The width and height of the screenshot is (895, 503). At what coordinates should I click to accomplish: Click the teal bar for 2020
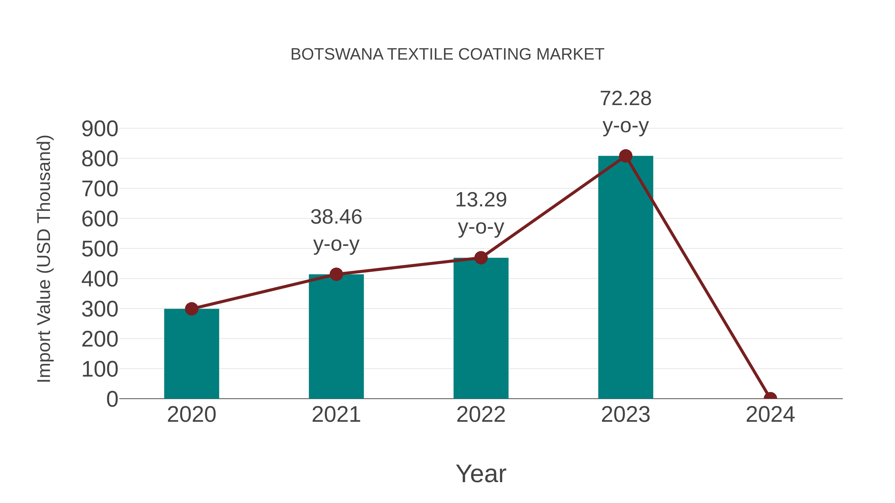pos(191,354)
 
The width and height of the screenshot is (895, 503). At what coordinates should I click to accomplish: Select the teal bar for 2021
pos(336,337)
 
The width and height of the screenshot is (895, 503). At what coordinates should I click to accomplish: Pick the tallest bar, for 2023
pos(626,278)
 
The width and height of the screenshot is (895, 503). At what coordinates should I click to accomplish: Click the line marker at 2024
pos(770,398)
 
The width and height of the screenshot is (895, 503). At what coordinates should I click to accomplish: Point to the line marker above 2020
pos(191,309)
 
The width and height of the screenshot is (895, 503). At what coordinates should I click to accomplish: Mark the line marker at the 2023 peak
pos(626,156)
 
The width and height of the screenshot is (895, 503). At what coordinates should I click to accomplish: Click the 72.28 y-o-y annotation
pos(626,112)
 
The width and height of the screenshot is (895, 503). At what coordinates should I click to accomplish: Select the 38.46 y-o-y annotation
pos(336,231)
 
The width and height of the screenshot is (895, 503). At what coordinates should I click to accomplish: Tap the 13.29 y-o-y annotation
pos(481,213)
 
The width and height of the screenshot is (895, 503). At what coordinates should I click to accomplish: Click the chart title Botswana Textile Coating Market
pos(447,54)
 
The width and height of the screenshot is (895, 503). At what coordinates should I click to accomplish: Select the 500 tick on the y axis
pos(100,249)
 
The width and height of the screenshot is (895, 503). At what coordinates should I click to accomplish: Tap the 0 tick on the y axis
pos(112,399)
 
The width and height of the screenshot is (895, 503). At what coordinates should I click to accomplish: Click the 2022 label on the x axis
pos(481,415)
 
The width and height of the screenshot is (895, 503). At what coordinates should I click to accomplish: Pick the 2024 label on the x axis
pos(770,415)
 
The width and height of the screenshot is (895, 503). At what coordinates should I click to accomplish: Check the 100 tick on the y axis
pos(100,369)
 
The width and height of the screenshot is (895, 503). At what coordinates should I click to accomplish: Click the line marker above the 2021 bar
pos(336,274)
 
